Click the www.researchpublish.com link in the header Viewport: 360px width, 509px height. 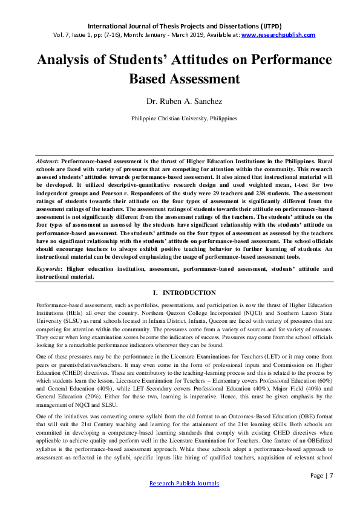[x=278, y=35]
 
